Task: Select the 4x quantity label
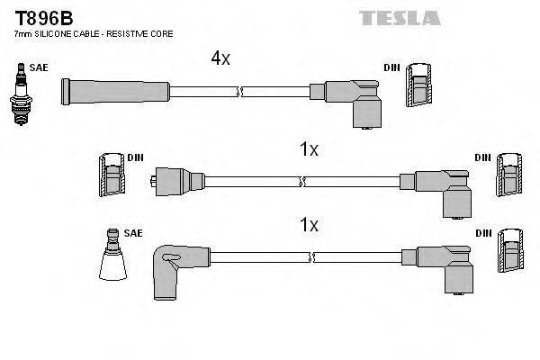[220, 58]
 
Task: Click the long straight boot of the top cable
[113, 91]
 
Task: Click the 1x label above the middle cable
[309, 149]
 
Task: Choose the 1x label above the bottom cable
[309, 223]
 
